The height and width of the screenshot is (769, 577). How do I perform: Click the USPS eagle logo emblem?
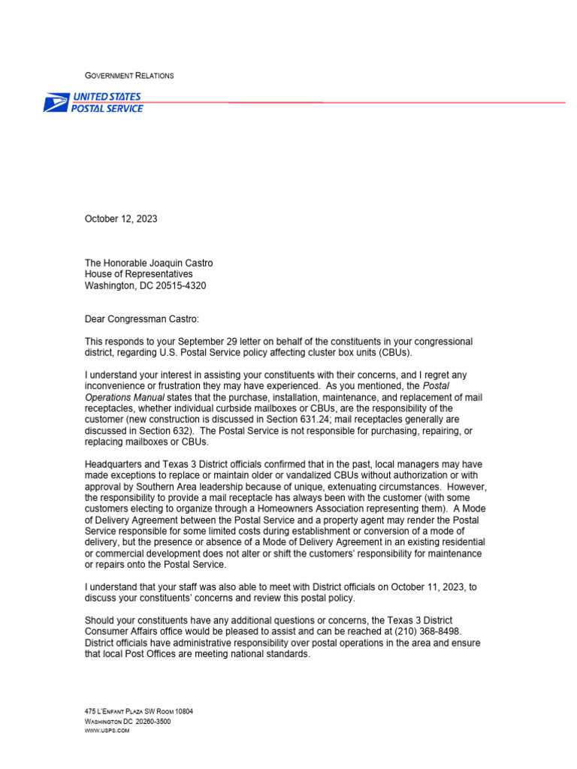(56, 103)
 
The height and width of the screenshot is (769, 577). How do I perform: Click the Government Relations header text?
(128, 76)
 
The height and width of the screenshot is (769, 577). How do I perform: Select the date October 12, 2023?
(121, 219)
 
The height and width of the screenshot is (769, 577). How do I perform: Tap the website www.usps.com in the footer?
(107, 731)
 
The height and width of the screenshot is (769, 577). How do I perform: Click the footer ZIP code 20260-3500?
(153, 722)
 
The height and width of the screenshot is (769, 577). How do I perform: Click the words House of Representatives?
(138, 274)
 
